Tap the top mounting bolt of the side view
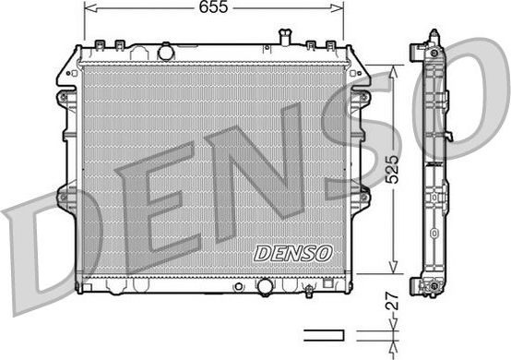click(x=433, y=36)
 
